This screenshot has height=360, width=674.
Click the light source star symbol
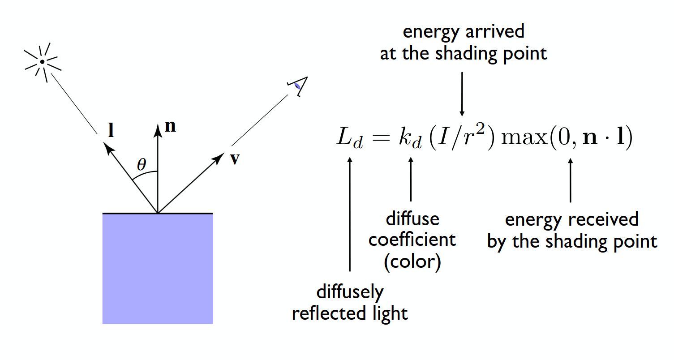[x=43, y=62]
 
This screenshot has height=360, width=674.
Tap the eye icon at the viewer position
[x=298, y=86]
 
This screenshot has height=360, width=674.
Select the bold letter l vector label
[x=111, y=130]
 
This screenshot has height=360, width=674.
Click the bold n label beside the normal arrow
[x=170, y=126]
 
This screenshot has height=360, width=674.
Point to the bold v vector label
[x=235, y=159]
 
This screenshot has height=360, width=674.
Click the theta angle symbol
[x=142, y=164]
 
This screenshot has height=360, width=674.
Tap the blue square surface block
[x=158, y=269]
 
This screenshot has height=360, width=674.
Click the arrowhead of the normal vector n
[x=158, y=130]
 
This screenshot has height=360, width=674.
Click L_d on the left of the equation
[x=350, y=138]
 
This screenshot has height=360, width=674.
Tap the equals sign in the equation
[x=381, y=138]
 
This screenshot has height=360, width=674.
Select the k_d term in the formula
[x=410, y=138]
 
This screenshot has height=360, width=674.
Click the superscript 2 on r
[x=481, y=129]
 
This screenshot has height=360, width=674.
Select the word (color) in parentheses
[x=412, y=261]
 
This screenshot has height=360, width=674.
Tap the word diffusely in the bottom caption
[x=350, y=292]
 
